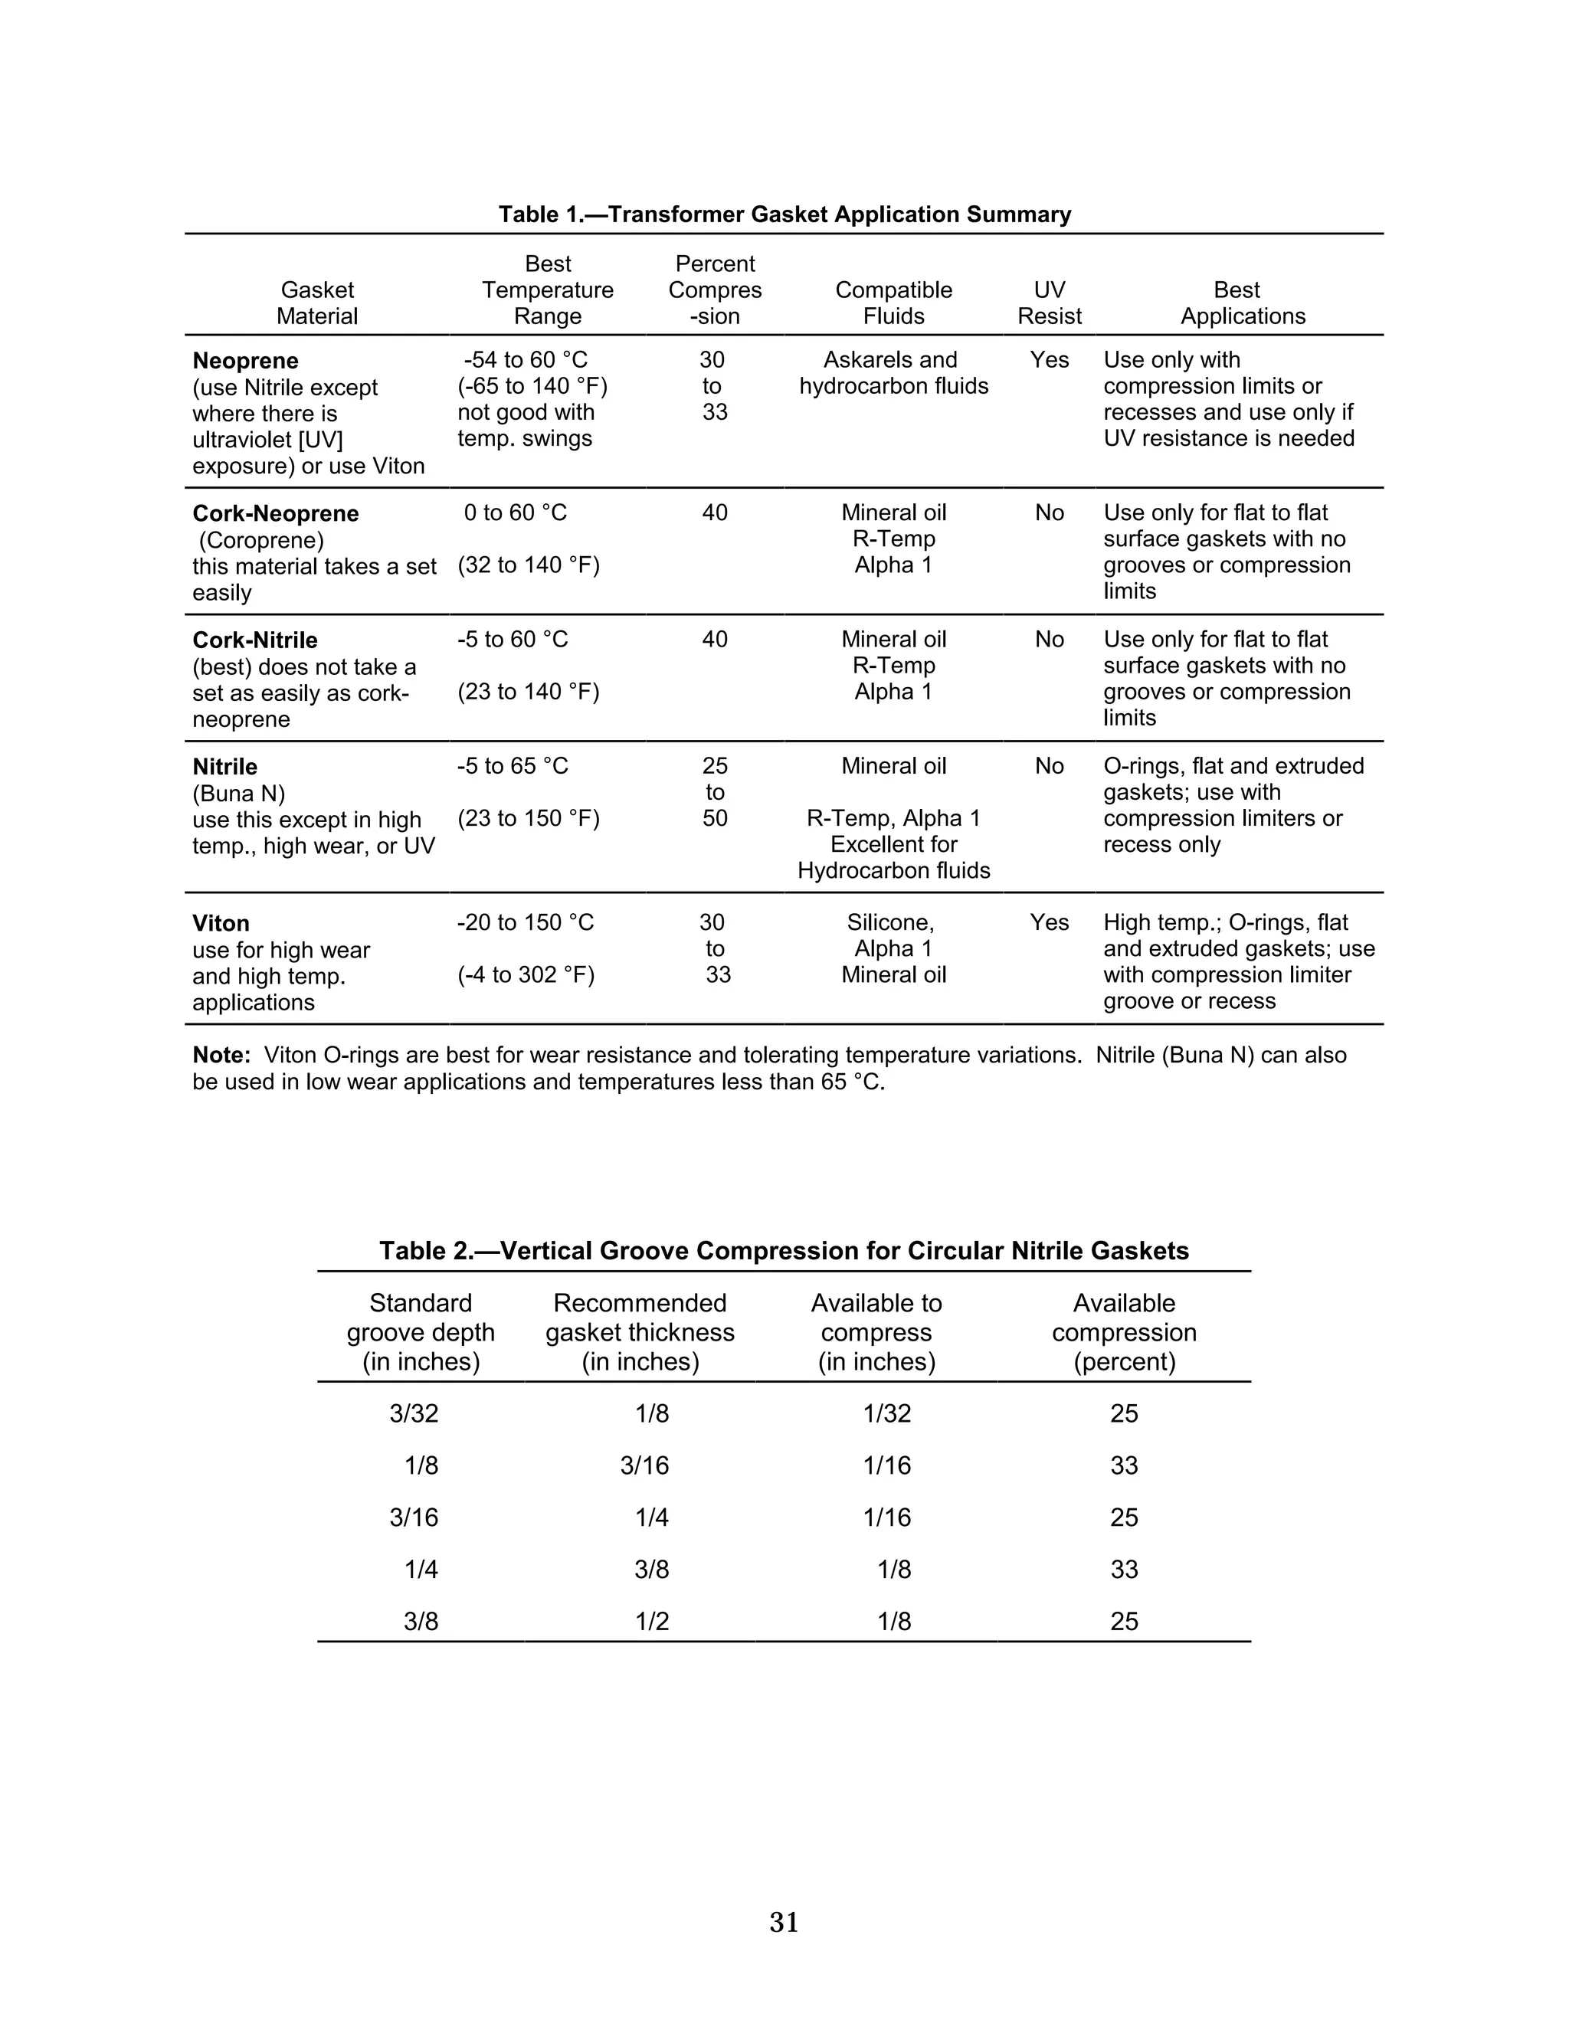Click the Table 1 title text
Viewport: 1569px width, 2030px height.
pyautogui.click(x=784, y=214)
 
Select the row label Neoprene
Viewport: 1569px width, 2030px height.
pyautogui.click(x=245, y=361)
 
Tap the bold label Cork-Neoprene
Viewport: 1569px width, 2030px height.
pyautogui.click(x=275, y=513)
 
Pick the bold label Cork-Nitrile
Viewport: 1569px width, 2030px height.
pyautogui.click(x=254, y=640)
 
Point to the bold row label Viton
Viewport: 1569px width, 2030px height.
pyautogui.click(x=221, y=923)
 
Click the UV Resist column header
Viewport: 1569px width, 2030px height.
pyautogui.click(x=1049, y=303)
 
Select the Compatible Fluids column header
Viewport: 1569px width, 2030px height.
pyautogui.click(x=893, y=303)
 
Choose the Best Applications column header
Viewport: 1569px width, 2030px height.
pyautogui.click(x=1242, y=303)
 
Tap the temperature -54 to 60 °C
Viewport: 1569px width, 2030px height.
pyautogui.click(x=525, y=360)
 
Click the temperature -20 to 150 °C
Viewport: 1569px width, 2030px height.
pyautogui.click(x=525, y=922)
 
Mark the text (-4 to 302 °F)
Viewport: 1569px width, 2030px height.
pyautogui.click(x=526, y=974)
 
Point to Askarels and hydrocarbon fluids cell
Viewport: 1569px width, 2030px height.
pyautogui.click(x=893, y=373)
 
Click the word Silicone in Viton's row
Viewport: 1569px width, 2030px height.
pyautogui.click(x=889, y=922)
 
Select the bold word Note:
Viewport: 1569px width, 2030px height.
pyautogui.click(x=221, y=1055)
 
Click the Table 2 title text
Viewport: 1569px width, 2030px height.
pyautogui.click(x=784, y=1250)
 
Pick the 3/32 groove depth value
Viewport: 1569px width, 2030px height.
pyautogui.click(x=414, y=1414)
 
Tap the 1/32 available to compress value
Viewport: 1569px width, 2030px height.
pyautogui.click(x=886, y=1414)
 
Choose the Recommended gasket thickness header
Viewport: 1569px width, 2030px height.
pyautogui.click(x=640, y=1332)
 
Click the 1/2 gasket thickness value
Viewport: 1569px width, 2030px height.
pyautogui.click(x=652, y=1622)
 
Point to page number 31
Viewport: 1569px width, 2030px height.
pyautogui.click(x=784, y=1922)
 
